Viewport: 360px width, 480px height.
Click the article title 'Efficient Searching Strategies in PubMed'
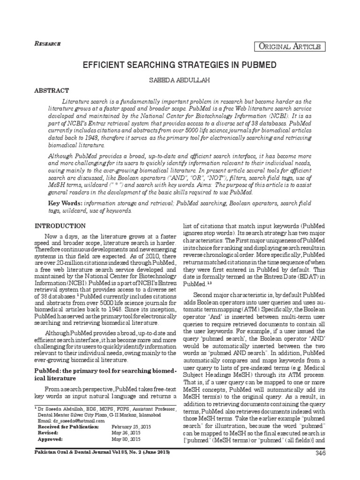180,65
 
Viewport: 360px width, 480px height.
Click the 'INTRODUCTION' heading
60,225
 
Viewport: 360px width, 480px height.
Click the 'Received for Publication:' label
68,427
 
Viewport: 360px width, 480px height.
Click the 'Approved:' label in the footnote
49,440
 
